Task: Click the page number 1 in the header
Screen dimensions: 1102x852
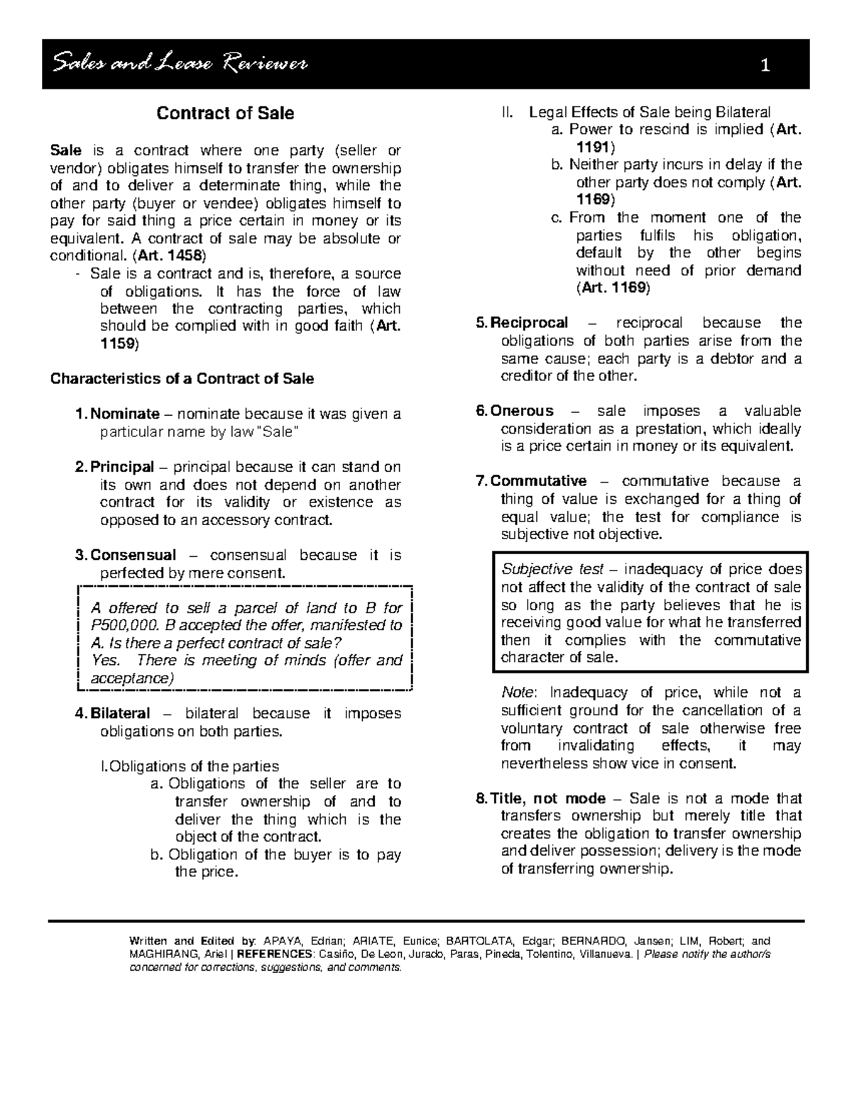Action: tap(765, 67)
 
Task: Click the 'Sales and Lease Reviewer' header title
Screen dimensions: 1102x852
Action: tap(180, 65)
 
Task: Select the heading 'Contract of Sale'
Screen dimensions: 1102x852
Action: tap(225, 114)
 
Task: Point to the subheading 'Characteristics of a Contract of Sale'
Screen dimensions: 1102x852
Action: tap(182, 378)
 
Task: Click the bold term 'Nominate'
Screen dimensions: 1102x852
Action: tap(125, 414)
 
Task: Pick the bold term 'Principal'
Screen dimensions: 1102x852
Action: tap(122, 467)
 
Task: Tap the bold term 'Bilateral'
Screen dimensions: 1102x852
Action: tap(120, 713)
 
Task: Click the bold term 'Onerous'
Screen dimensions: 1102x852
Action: tap(522, 411)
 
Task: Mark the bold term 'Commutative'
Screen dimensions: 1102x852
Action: tap(539, 481)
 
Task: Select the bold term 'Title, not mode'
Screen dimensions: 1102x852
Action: tap(547, 798)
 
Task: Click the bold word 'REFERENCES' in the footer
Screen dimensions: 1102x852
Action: tap(273, 954)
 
